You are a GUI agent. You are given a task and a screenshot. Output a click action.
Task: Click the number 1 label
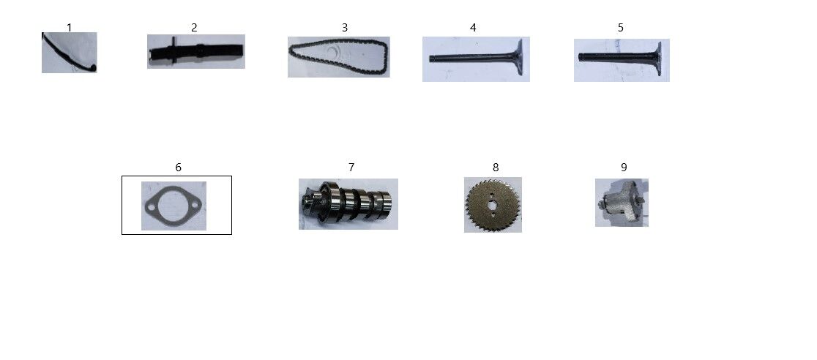point(70,27)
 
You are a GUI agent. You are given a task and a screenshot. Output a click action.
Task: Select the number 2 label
point(194,28)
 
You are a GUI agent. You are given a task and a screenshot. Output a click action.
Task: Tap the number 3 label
point(344,28)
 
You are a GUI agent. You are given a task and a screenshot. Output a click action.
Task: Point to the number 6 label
point(178,168)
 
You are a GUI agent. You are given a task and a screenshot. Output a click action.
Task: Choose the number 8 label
point(496,168)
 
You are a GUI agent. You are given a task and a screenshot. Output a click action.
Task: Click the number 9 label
point(624,168)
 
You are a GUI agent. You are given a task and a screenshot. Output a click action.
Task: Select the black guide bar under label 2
point(196,52)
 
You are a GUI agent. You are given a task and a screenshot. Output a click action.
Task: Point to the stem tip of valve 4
point(431,59)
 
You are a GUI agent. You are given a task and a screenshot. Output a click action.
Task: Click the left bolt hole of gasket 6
point(152,209)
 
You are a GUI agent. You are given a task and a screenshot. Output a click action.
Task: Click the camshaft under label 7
point(348,203)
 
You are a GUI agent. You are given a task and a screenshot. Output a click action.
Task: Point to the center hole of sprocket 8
point(493,205)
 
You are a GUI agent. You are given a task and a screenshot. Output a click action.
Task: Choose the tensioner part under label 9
point(622,203)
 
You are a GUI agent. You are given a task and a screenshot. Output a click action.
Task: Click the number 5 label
point(621,28)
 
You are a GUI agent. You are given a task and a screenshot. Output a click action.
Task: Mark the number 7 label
point(351,168)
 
